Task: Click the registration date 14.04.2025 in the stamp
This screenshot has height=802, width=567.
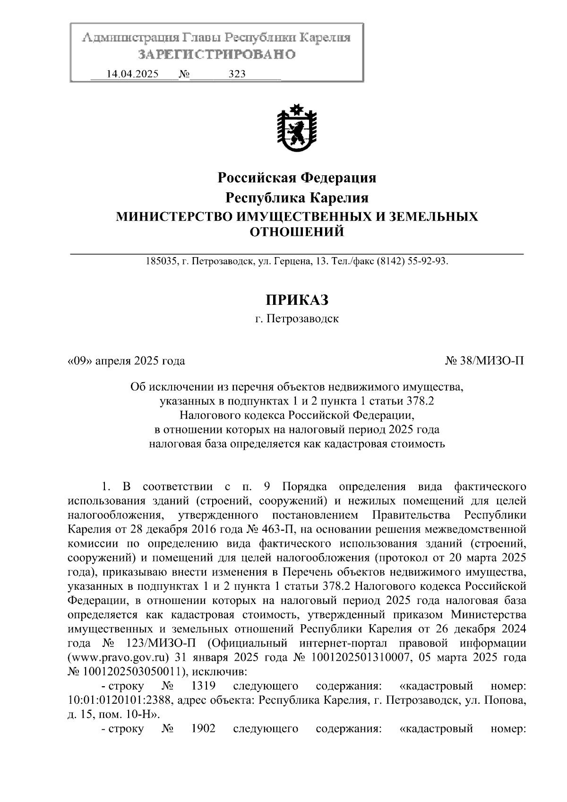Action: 132,74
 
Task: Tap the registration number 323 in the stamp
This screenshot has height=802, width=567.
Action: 237,74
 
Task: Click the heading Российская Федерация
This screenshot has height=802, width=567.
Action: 297,178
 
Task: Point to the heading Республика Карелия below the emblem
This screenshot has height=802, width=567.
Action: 297,197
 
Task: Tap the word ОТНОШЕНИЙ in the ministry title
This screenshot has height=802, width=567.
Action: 297,232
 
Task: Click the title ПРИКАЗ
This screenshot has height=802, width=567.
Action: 297,300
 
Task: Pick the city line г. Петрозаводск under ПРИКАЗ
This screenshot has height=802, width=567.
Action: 297,319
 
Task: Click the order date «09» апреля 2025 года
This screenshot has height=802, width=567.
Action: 126,362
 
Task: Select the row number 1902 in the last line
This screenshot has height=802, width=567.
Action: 203,728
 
